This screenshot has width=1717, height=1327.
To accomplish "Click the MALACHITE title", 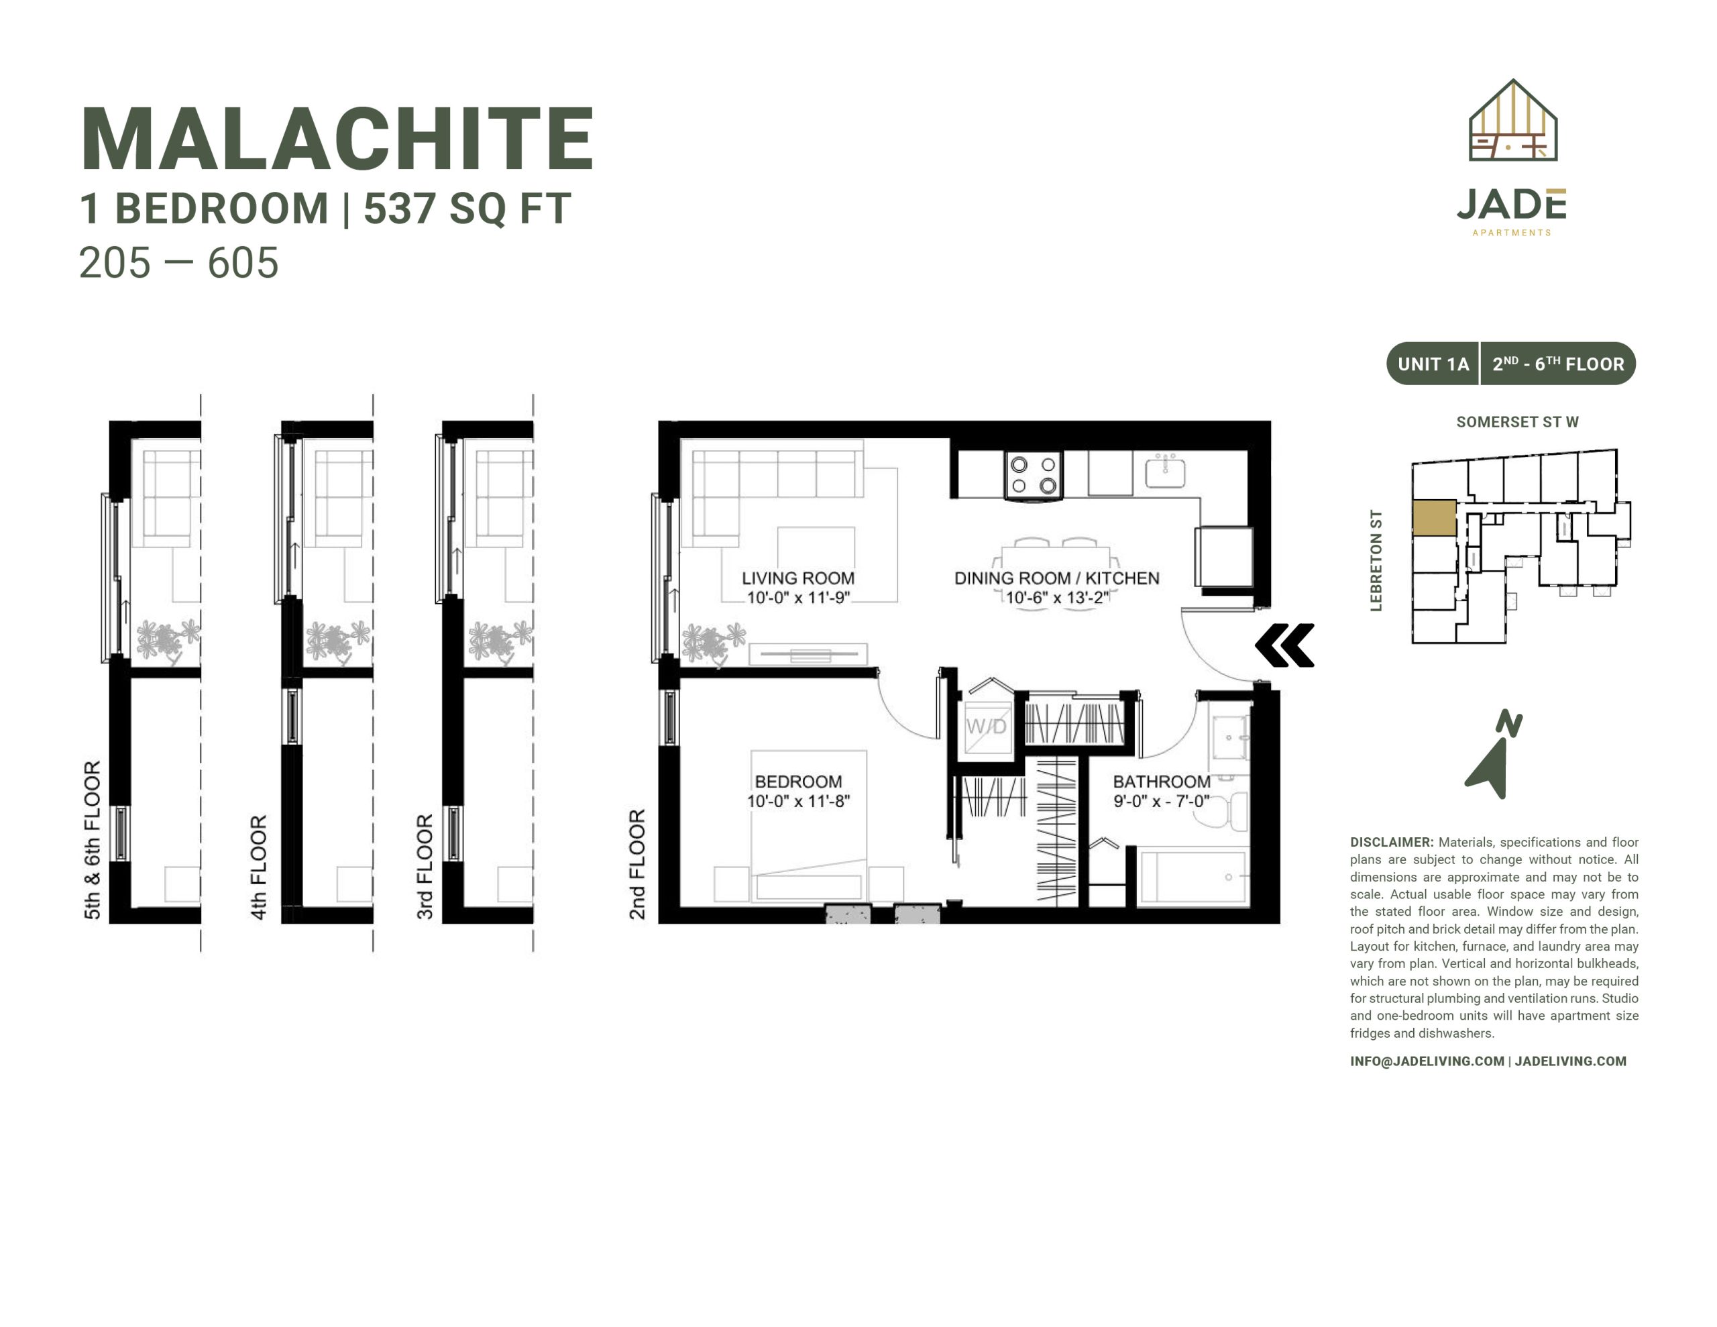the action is point(337,140).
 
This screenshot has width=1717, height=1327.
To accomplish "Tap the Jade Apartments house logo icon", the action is point(1512,120).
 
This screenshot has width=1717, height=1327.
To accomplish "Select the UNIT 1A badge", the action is point(1433,364).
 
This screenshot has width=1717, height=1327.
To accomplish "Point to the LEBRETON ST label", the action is point(1376,560).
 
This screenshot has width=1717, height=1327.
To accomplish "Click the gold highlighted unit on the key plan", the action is point(1434,519).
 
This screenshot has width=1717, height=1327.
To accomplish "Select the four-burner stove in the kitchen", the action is point(1033,475).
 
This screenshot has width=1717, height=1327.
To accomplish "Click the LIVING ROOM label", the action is point(798,578).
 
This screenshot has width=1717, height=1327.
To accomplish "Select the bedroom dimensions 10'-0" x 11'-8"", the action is point(798,802).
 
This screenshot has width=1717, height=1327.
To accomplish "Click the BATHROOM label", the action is point(1161,782).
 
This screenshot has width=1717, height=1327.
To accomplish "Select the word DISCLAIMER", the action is point(1392,843).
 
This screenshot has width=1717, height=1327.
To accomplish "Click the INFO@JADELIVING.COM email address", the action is point(1427,1061).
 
